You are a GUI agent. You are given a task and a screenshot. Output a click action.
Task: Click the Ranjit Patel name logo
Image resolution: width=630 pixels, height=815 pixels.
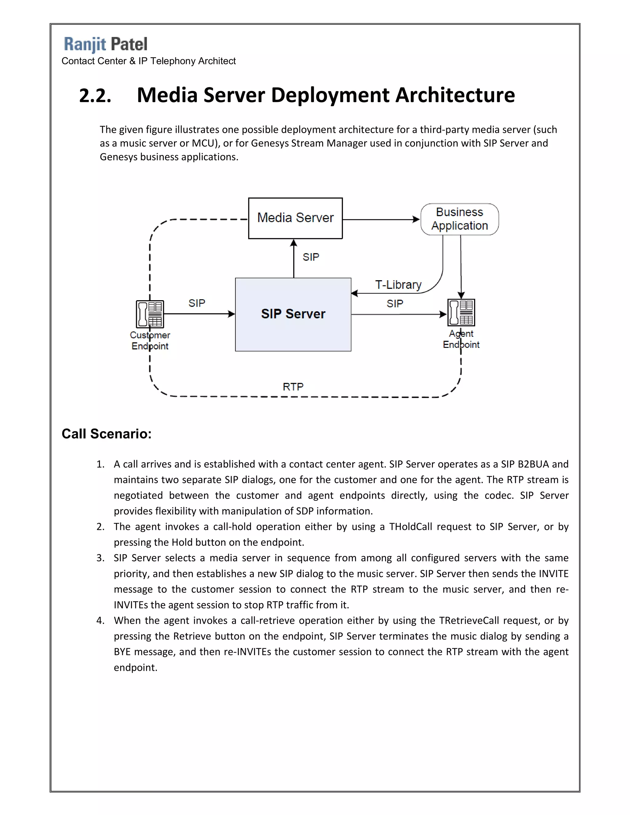[x=106, y=44]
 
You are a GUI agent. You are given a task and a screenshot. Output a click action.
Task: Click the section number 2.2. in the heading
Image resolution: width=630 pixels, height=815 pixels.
[x=95, y=96]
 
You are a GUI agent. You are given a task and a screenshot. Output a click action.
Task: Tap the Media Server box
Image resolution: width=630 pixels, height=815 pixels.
[x=295, y=218]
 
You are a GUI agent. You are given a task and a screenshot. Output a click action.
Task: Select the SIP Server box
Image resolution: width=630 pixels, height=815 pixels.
[x=293, y=314]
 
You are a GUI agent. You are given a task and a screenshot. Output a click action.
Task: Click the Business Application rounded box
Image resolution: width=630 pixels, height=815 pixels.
[x=460, y=219]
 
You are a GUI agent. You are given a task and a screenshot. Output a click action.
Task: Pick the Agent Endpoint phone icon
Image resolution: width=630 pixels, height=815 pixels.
[x=461, y=312]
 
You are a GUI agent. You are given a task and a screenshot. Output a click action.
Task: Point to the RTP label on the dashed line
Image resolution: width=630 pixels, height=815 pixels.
[x=293, y=387]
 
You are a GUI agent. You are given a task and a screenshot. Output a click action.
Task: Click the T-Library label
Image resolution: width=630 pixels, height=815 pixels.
[x=398, y=285]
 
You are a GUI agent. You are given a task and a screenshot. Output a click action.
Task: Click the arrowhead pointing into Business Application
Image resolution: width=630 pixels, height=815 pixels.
[x=416, y=219]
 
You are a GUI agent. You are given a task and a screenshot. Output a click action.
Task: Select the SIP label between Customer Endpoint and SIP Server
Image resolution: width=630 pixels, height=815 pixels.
[x=197, y=303]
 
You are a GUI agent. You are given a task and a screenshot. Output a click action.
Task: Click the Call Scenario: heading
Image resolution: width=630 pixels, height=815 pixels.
[x=106, y=434]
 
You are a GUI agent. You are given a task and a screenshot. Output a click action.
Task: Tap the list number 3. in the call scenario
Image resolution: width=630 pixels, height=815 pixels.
[x=100, y=558]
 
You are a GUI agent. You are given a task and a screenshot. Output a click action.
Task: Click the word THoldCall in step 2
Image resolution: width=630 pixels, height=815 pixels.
[x=411, y=527]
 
